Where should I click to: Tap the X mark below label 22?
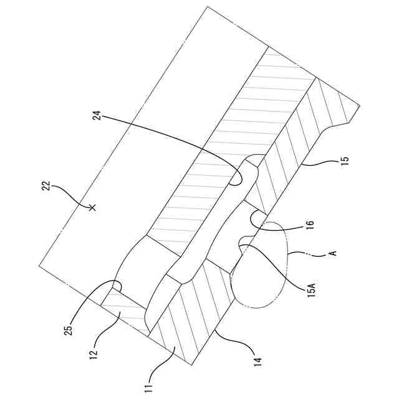click(x=92, y=207)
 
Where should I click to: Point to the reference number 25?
click(x=69, y=327)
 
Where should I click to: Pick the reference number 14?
click(x=258, y=359)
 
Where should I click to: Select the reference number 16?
click(x=310, y=223)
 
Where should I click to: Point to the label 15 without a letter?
click(x=344, y=160)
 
